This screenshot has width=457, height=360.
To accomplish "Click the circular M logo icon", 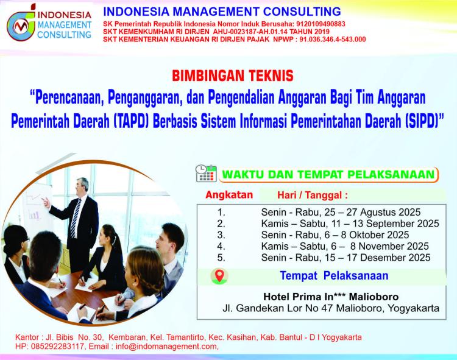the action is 21,26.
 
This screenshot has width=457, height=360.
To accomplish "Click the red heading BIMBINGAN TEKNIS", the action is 233,76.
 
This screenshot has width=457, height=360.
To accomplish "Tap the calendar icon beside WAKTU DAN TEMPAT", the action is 206,174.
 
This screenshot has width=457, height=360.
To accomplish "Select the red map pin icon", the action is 219,275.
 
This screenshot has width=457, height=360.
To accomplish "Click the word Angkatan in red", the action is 229,194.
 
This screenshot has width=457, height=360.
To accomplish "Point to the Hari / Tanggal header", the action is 313,195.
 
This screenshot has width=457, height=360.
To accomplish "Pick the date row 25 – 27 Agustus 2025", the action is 341,212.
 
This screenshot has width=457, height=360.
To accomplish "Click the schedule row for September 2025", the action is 350,224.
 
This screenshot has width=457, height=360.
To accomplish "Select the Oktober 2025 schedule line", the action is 335,235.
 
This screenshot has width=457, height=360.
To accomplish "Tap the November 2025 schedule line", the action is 345,246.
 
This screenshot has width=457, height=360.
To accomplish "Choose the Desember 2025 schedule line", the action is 345,258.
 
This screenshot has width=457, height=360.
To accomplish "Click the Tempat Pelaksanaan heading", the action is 334,275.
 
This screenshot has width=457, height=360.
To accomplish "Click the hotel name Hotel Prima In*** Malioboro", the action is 331,297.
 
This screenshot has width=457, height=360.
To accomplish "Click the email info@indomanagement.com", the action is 166,347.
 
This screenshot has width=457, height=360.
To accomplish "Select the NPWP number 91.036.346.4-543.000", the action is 333,40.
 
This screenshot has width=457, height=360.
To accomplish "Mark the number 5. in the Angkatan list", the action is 221,258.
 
